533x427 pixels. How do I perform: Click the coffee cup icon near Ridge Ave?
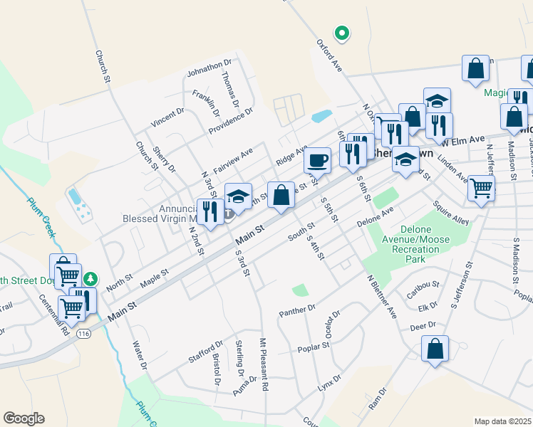click(317, 159)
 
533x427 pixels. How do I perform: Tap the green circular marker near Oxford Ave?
click(342, 32)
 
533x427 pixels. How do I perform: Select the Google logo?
click(24, 418)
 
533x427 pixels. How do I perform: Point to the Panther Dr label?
click(297, 310)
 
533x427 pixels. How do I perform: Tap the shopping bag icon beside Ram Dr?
click(435, 349)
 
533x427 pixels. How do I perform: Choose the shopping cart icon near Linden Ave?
click(481, 188)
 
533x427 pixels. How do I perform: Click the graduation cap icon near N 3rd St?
click(239, 196)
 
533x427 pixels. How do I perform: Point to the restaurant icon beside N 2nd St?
click(209, 211)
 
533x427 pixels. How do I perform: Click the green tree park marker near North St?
click(90, 279)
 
